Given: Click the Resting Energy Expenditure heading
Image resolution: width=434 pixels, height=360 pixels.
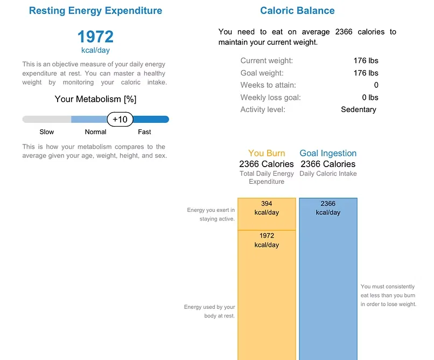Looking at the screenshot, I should [95, 11].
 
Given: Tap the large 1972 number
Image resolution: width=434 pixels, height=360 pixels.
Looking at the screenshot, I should [95, 37].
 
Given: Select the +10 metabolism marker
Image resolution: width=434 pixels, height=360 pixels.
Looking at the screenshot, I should [120, 119].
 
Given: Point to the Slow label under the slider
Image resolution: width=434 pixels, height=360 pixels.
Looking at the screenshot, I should [47, 132].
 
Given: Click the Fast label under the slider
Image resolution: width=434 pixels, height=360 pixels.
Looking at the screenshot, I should [144, 132].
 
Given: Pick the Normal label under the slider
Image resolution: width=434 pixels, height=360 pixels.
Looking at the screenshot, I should [95, 132].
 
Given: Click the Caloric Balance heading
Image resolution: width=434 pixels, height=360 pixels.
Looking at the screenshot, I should [297, 11].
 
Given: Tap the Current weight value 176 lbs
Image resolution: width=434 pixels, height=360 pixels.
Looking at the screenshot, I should [366, 61].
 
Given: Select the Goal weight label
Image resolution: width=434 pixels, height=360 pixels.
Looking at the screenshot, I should [262, 73].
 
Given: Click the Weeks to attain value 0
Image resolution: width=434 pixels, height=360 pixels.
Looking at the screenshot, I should [376, 85].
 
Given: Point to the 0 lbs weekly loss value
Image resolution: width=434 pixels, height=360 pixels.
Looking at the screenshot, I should [370, 98].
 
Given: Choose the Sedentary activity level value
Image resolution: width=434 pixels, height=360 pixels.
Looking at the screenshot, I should [358, 109].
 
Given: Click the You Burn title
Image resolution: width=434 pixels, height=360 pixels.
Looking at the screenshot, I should [267, 154].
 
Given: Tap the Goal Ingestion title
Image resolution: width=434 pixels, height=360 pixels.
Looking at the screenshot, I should [328, 154].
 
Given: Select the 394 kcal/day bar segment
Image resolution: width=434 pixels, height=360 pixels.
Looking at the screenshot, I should [267, 214].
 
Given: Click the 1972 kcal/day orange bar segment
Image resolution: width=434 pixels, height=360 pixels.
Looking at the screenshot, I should [267, 291].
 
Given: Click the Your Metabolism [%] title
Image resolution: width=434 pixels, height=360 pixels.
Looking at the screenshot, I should [95, 99].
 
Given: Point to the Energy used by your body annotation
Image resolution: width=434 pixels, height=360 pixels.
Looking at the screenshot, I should [209, 311].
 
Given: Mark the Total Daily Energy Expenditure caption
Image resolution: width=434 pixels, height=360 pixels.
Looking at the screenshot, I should [267, 178].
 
